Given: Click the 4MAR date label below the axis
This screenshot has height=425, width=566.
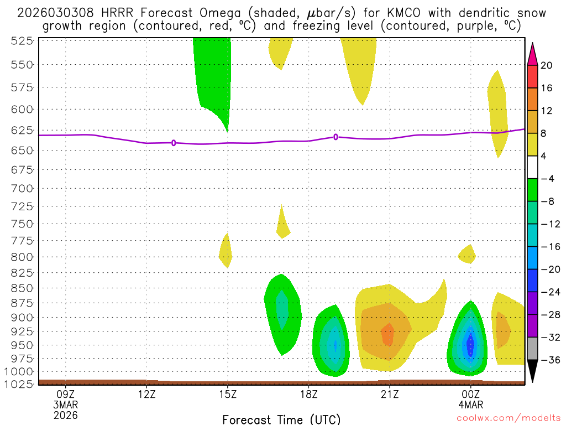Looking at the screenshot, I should pyautogui.click(x=470, y=405).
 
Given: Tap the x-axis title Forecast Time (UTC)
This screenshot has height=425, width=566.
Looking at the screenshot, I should pyautogui.click(x=281, y=419).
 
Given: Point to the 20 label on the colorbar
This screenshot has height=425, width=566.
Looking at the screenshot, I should pyautogui.click(x=547, y=65).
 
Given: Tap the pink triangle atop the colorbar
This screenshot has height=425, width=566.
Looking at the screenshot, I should pyautogui.click(x=532, y=54).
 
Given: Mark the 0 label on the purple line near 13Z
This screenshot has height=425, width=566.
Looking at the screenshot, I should pyautogui.click(x=174, y=143).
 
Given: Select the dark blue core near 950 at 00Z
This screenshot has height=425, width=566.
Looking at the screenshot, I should pyautogui.click(x=470, y=346).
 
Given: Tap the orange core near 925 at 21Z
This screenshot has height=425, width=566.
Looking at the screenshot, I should pyautogui.click(x=387, y=334).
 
